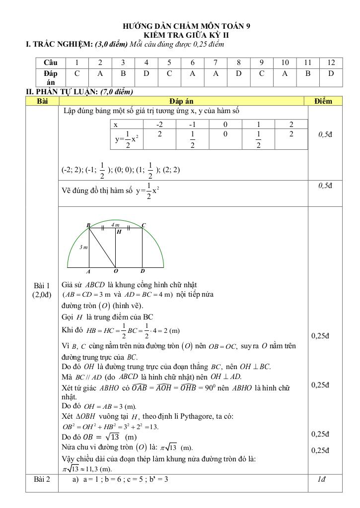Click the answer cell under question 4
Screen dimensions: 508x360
pyautogui.click(x=145, y=73)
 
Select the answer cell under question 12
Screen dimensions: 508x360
pyautogui.click(x=331, y=73)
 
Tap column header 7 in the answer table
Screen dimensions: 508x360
pyautogui.click(x=215, y=63)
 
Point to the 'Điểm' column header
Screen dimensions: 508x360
pyautogui.click(x=323, y=101)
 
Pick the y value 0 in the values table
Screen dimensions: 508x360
pyautogui.click(x=225, y=134)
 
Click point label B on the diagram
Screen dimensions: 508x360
pyautogui.click(x=88, y=225)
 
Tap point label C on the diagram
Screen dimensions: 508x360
pyautogui.click(x=144, y=225)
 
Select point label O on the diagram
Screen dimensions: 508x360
pyautogui.click(x=116, y=271)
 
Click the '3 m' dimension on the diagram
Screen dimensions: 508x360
pyautogui.click(x=83, y=247)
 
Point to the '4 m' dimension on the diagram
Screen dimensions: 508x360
pyautogui.click(x=115, y=225)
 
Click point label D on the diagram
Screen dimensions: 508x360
pyautogui.click(x=143, y=271)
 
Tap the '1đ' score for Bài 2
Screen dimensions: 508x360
pyautogui.click(x=323, y=479)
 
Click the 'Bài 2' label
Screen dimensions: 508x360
pyautogui.click(x=42, y=479)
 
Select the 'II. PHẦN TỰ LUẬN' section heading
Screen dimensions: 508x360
pyautogui.click(x=79, y=91)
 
